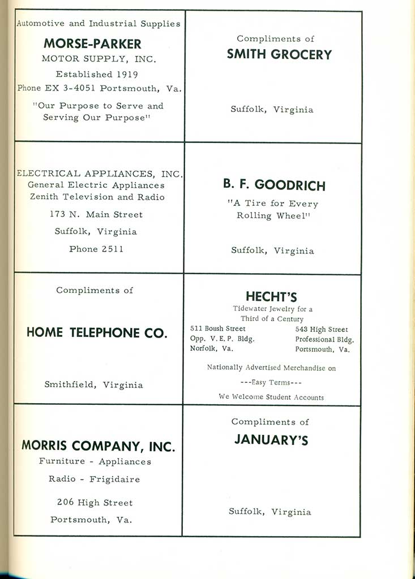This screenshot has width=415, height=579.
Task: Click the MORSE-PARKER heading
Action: tap(92, 44)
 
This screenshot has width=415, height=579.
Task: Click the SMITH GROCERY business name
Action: tap(279, 54)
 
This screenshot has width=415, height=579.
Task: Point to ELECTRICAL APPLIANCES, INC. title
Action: tap(99, 174)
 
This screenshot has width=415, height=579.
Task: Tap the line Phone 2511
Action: tap(96, 249)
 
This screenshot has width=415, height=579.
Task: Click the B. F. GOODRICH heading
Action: tap(274, 185)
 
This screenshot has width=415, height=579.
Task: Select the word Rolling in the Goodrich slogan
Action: tap(255, 216)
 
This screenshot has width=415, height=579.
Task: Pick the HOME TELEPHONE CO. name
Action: tap(97, 333)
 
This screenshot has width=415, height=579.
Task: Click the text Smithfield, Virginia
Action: tap(94, 385)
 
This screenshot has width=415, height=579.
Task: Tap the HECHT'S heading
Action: tap(271, 297)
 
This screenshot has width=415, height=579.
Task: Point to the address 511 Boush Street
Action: tap(218, 329)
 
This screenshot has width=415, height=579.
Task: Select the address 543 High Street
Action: tap(322, 330)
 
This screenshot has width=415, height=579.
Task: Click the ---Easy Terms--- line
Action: tap(271, 382)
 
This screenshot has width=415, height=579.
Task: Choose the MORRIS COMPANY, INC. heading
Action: tap(98, 446)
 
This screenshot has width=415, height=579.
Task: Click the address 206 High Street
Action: tap(95, 503)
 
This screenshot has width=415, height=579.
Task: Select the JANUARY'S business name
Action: tap(271, 440)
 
